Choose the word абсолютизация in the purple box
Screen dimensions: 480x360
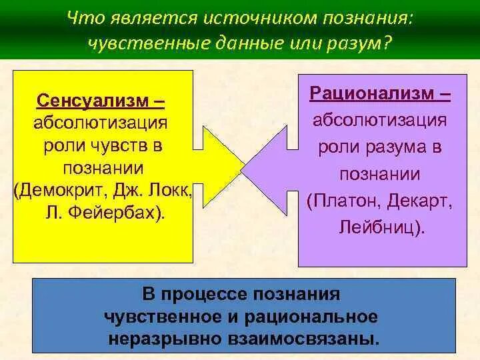pyautogui.click(x=380, y=120)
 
